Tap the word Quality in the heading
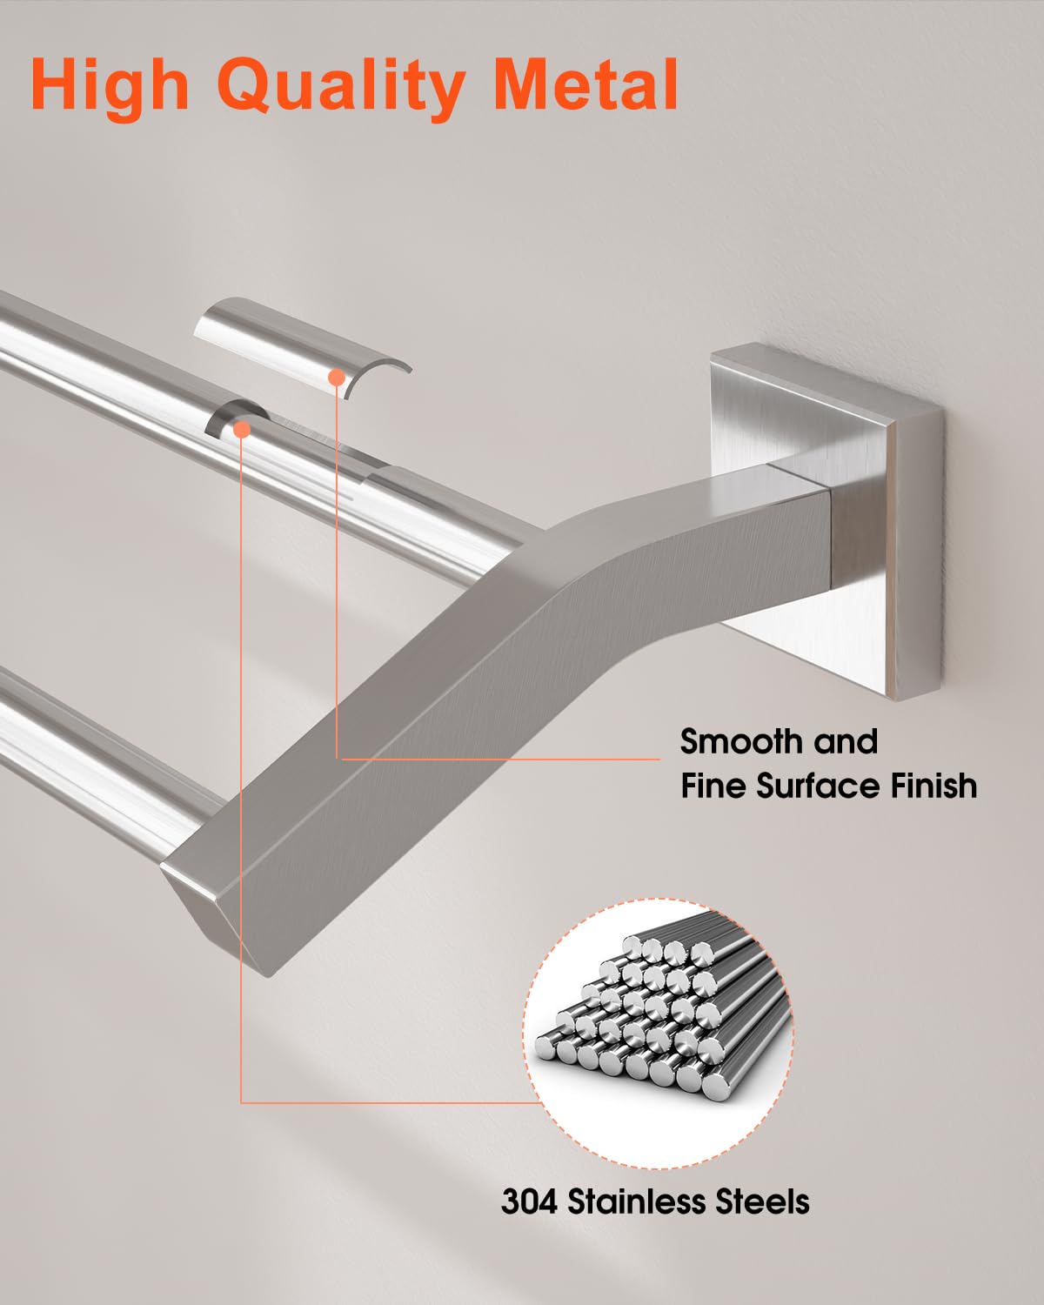tap(339, 87)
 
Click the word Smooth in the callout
tap(741, 742)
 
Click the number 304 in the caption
tap(530, 1201)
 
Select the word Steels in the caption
tap(762, 1201)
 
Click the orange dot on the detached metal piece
tap(336, 376)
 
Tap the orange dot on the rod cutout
tap(242, 428)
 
